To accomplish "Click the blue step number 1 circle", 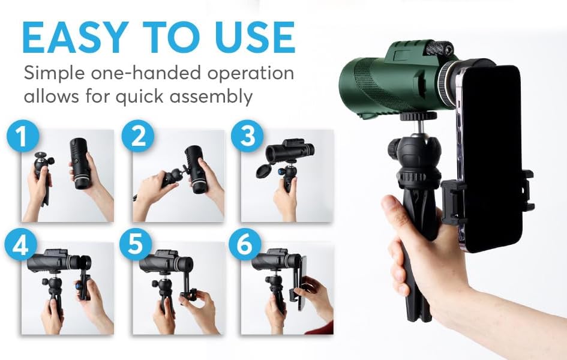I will point(22,137).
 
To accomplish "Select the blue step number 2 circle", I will point(138,137).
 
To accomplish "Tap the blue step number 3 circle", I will point(248,137).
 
